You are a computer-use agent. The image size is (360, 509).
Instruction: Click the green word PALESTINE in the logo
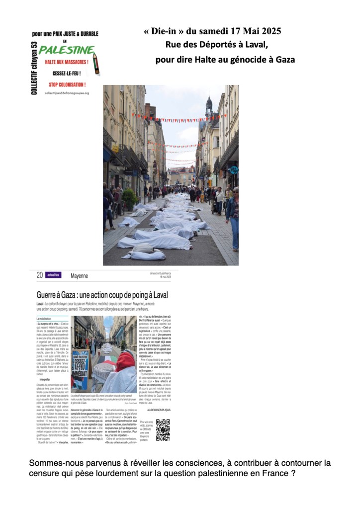click(67, 50)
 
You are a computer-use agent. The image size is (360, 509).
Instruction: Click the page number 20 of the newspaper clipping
click(39, 275)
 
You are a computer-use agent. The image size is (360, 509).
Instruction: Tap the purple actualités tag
click(53, 275)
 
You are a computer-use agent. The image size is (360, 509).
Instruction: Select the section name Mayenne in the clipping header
click(79, 275)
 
